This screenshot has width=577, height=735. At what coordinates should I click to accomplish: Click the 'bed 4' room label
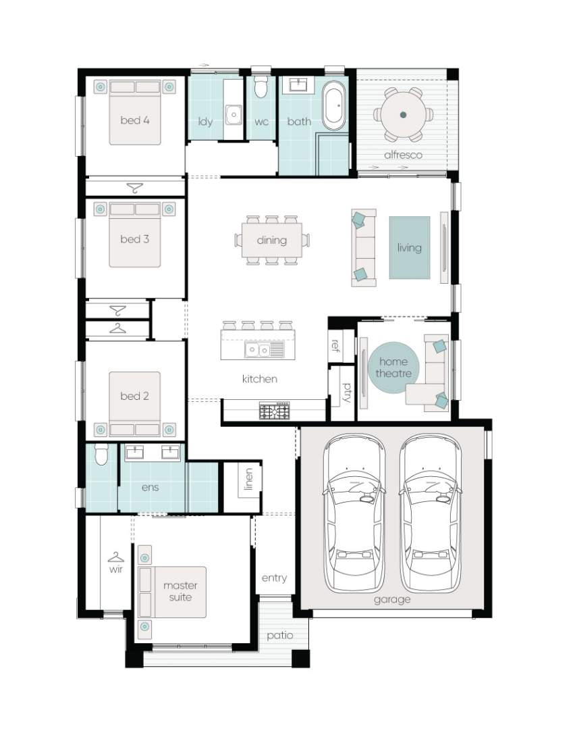135,120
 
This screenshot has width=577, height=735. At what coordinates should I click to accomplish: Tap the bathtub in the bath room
334,107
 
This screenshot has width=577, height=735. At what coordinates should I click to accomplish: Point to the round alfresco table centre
404,114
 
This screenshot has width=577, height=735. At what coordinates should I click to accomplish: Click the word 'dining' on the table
272,240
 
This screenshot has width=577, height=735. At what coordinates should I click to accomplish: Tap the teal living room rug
410,247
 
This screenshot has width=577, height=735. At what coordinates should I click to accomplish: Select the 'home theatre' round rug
393,367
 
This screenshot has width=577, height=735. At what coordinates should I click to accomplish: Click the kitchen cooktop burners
275,411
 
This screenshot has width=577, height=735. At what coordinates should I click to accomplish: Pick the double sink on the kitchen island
258,350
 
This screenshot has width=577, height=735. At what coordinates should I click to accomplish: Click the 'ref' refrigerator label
335,345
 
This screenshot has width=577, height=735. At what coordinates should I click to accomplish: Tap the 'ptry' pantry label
347,392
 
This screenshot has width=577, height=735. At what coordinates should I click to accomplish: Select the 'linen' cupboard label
249,479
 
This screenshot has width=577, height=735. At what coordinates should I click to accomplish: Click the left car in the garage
354,513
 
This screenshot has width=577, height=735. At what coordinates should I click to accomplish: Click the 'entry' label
275,578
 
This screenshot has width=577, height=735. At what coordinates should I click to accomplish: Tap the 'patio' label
280,636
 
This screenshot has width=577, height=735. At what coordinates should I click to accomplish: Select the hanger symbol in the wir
115,557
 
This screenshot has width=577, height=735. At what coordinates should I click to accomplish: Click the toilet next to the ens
101,454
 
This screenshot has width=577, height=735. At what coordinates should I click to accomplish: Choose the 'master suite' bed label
180,591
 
